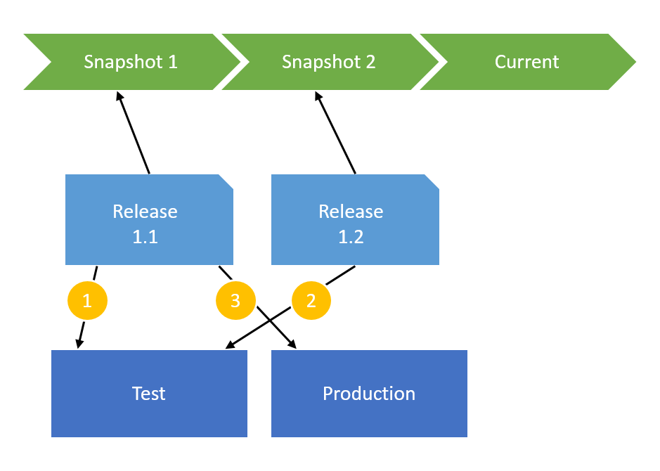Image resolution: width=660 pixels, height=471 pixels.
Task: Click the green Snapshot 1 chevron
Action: (131, 62)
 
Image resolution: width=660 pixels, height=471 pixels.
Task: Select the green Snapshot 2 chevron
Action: (329, 62)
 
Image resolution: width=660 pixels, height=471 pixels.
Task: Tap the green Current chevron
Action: (527, 62)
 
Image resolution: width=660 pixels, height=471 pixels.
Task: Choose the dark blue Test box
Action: (149, 394)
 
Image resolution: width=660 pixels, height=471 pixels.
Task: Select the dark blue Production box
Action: (369, 394)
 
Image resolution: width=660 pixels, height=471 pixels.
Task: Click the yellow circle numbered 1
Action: (87, 301)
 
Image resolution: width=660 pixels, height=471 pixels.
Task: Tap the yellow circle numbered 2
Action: (311, 301)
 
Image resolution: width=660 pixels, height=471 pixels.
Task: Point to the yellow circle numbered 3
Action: (235, 301)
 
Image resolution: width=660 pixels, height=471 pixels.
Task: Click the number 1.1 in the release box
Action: (145, 238)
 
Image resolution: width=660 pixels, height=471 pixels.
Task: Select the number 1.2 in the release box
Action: (351, 238)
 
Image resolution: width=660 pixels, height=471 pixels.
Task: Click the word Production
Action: (369, 394)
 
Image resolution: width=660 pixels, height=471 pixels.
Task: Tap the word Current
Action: (527, 62)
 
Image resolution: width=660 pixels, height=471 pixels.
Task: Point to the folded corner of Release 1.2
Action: (433, 181)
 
